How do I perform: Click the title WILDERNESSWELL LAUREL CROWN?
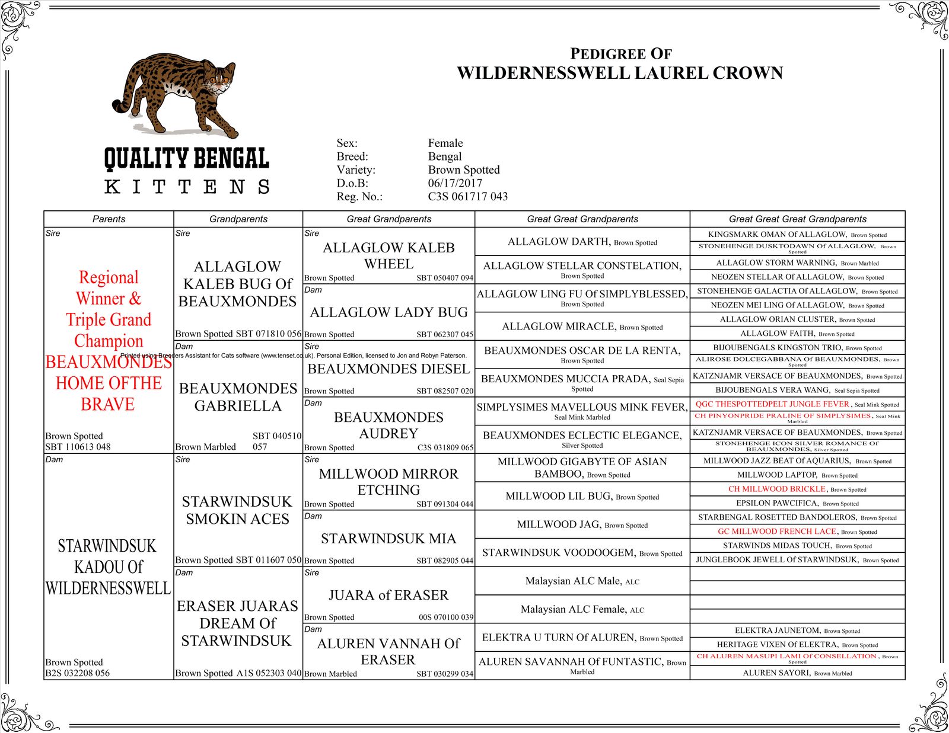(620, 73)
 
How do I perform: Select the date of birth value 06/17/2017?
(455, 183)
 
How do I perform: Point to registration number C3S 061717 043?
(467, 196)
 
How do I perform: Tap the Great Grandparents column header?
(388, 219)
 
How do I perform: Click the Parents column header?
(109, 219)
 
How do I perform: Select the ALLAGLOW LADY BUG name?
(388, 312)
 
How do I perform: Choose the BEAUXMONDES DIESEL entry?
(388, 369)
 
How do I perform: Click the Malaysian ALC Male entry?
(573, 581)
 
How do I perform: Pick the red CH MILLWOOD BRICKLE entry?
(777, 489)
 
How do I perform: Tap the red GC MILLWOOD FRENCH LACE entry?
(777, 532)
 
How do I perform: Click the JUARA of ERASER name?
(388, 595)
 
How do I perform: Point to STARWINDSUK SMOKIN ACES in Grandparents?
(237, 510)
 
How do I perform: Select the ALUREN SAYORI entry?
(777, 673)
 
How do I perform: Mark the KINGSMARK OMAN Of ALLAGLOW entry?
(777, 235)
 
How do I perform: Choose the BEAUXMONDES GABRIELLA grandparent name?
(238, 397)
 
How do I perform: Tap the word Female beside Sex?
(445, 143)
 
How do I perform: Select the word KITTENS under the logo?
(187, 187)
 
